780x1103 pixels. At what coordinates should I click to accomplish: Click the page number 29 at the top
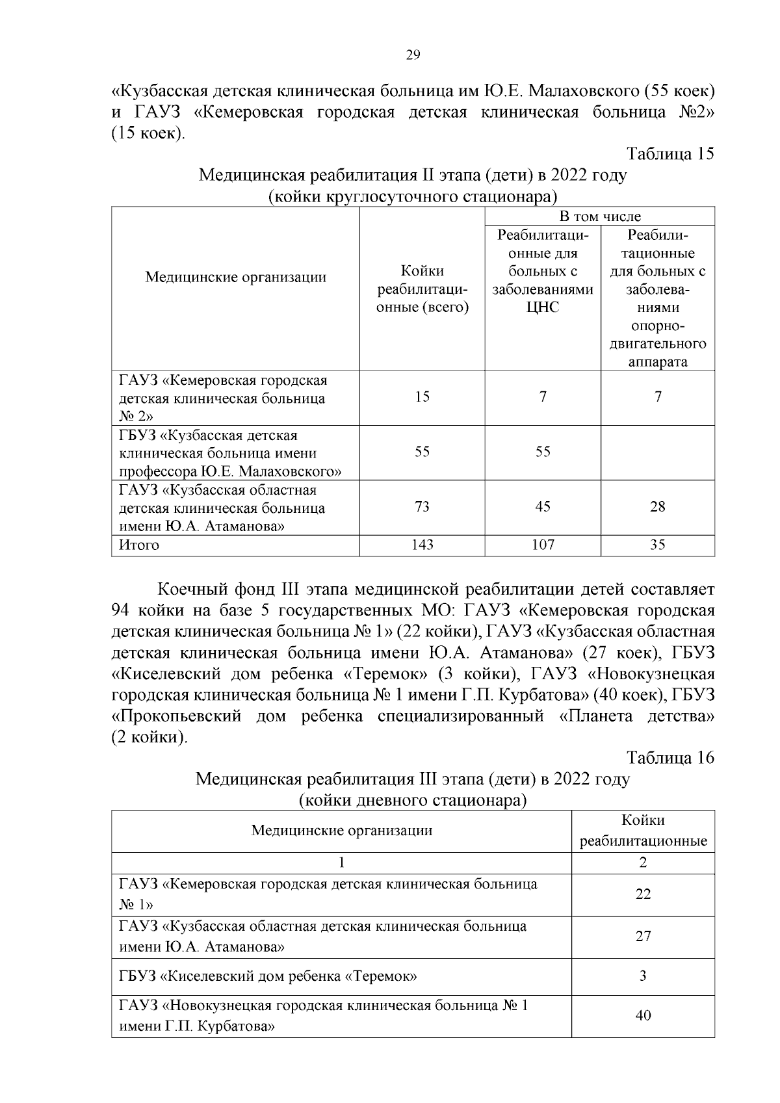click(413, 55)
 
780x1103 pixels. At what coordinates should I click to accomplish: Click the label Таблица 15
click(669, 153)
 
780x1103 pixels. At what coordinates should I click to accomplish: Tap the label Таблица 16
click(669, 757)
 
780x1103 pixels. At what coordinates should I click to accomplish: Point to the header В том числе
click(599, 216)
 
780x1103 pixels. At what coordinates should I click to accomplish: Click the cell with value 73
click(422, 506)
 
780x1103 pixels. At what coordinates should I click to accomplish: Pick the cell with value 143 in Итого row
click(422, 545)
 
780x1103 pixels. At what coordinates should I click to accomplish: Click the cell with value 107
click(543, 545)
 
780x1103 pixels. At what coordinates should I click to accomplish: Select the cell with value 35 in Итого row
click(658, 545)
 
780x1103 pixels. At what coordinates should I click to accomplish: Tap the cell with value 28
click(658, 506)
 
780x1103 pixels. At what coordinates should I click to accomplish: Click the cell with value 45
click(543, 506)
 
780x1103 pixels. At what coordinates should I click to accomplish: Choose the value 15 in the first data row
click(422, 396)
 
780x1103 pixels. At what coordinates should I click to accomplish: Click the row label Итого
click(138, 545)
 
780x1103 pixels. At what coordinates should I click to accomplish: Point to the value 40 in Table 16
click(643, 1015)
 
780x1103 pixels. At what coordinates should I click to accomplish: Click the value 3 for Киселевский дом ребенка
click(643, 976)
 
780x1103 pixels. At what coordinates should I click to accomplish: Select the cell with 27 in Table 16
click(643, 936)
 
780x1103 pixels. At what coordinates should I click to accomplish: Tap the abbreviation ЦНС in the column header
click(543, 307)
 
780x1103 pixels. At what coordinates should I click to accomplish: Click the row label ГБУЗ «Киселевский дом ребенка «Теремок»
click(268, 976)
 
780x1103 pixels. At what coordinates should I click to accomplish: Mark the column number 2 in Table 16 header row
click(643, 863)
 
